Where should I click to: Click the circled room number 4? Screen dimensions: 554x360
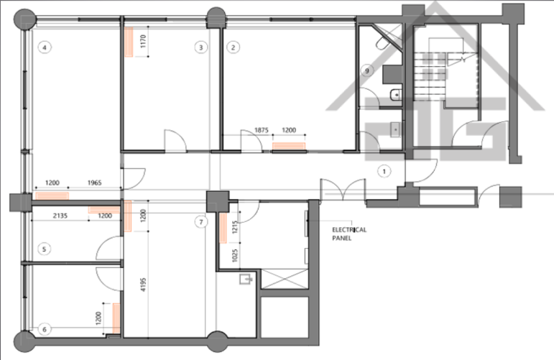tap(45, 47)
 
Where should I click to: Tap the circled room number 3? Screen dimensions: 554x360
tap(200, 47)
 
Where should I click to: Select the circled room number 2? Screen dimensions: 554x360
tap(233, 47)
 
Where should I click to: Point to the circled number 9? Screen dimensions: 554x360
tap(367, 70)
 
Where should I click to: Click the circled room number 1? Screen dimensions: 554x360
tap(384, 171)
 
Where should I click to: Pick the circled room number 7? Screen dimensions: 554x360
tap(201, 222)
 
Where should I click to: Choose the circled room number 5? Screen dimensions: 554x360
tap(44, 249)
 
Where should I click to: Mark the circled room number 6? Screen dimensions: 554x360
tap(44, 329)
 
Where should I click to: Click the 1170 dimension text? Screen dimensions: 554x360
tap(143, 42)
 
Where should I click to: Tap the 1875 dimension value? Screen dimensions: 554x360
tap(262, 130)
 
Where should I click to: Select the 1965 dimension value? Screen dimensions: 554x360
tap(94, 183)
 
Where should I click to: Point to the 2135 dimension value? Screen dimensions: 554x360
tap(60, 216)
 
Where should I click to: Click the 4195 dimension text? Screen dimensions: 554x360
tap(143, 285)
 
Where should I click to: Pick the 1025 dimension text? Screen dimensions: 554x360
tap(235, 255)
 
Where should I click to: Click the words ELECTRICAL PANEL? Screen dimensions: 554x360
tap(349, 234)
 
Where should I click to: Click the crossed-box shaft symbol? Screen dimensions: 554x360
tap(285, 279)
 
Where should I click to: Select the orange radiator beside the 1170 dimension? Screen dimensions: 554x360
tap(129, 42)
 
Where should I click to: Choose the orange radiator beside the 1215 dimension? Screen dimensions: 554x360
tap(223, 229)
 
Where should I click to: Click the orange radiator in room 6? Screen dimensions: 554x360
tap(116, 318)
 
